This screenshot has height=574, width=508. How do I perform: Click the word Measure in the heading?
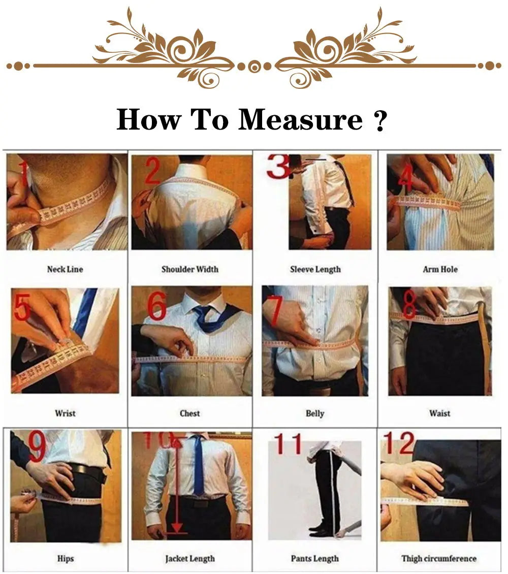tap(300, 120)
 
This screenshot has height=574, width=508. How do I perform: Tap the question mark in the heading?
tap(380, 121)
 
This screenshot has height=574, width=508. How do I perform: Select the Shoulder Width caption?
tap(189, 269)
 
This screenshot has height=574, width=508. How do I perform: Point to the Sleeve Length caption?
tap(315, 269)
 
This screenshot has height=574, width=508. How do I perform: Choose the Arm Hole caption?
tap(440, 269)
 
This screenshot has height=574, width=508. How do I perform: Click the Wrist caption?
tap(65, 413)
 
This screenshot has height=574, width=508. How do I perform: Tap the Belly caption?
tap(314, 413)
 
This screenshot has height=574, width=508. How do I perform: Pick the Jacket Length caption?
tap(189, 558)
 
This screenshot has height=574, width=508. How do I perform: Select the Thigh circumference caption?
tap(439, 558)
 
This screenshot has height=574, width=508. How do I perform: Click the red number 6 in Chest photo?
tap(156, 306)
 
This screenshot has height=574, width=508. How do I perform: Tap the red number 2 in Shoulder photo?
tap(153, 171)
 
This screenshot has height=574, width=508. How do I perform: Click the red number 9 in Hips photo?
tap(37, 447)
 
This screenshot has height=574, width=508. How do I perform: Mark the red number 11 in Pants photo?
tap(288, 444)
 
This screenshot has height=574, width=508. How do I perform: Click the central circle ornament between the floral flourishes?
tap(254, 66)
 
